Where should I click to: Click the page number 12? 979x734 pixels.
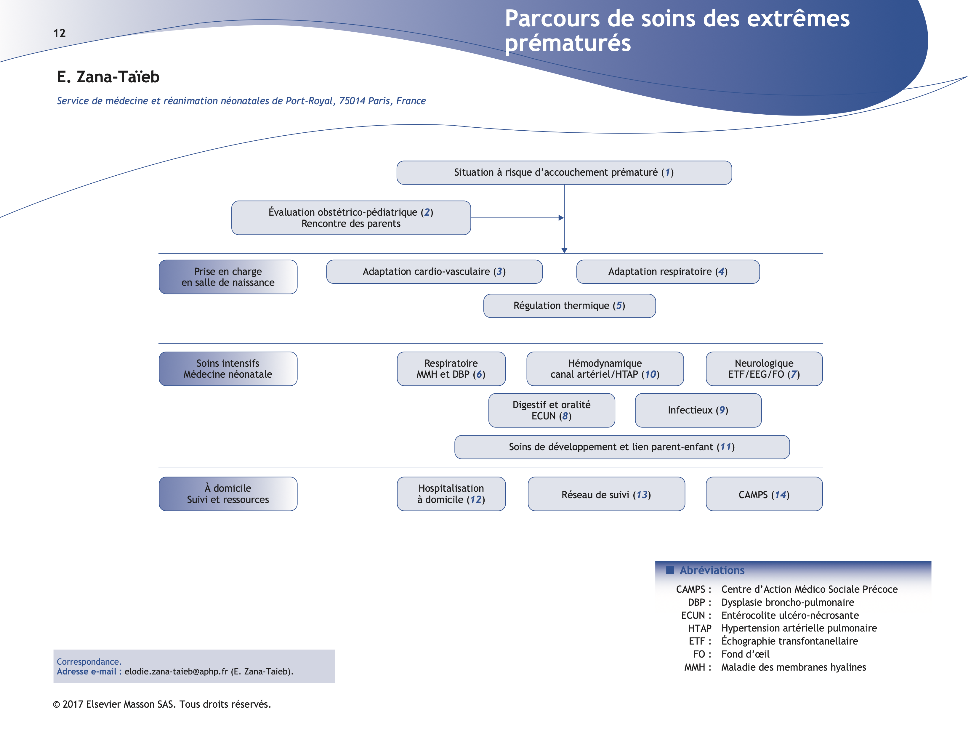[59, 33]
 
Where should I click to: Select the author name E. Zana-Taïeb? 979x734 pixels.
[108, 77]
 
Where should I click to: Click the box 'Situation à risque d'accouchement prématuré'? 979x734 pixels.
[564, 173]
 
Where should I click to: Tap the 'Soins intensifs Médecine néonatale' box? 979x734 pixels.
[228, 369]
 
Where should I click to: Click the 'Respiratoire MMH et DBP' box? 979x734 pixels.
[451, 369]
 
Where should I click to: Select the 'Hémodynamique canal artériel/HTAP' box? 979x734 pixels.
[605, 369]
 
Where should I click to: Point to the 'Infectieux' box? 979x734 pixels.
[698, 410]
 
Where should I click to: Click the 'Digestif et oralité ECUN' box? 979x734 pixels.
[552, 410]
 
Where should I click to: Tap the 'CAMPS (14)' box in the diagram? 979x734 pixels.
[764, 494]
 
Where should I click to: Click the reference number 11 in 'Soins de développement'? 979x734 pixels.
[725, 447]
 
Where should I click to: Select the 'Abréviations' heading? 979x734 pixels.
[712, 570]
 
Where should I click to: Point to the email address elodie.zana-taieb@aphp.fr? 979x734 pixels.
[176, 672]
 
